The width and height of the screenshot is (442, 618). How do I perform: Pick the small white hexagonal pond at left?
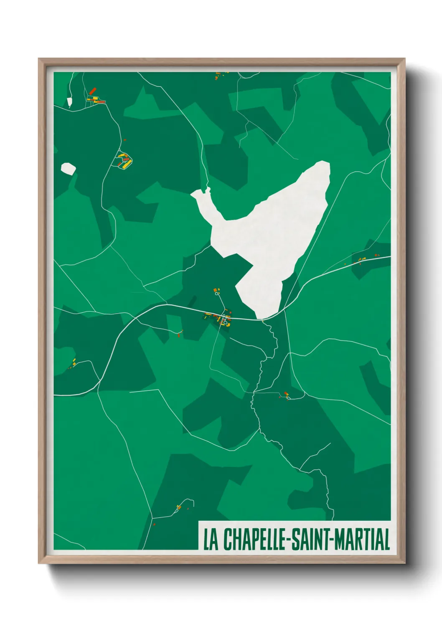tap(68, 169)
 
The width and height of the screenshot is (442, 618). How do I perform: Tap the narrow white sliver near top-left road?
tap(69, 102)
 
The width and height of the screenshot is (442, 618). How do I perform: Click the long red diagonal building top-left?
tap(92, 91)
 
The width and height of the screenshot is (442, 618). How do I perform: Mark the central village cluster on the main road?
tap(219, 318)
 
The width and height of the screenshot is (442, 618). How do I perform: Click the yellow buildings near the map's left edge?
tap(74, 362)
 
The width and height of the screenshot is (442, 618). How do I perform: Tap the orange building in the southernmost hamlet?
tap(179, 507)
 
